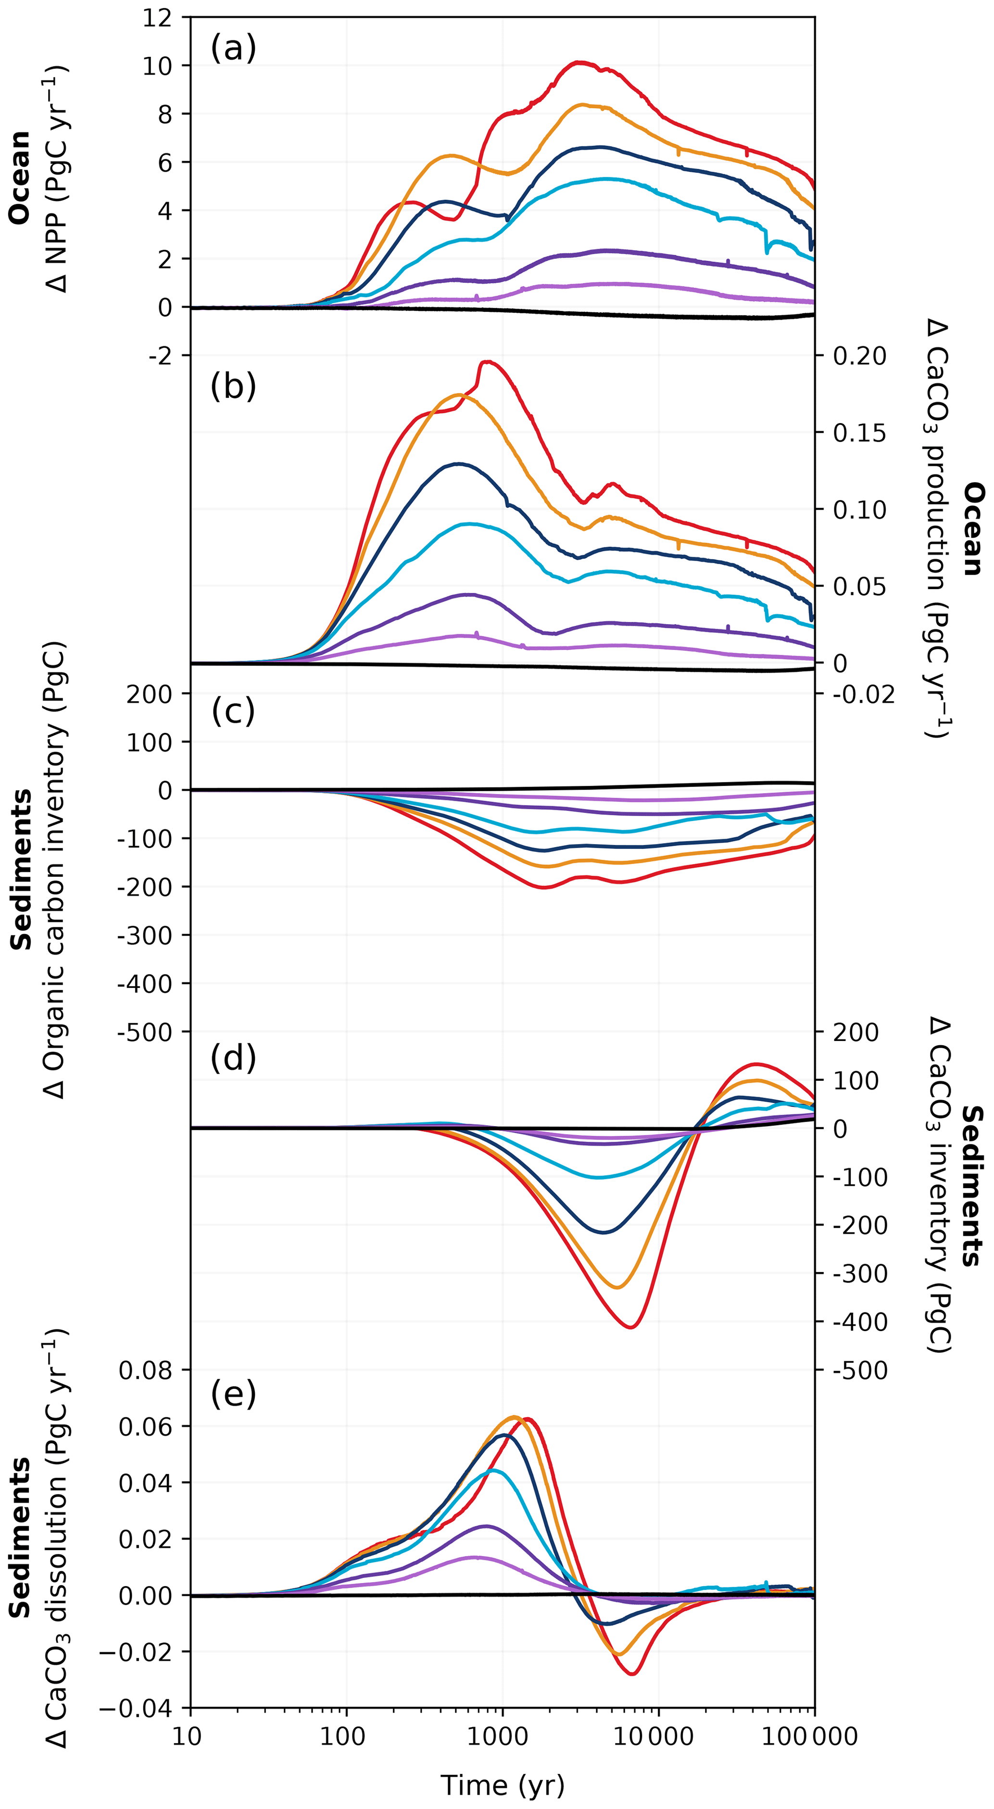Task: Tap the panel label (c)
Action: (x=233, y=711)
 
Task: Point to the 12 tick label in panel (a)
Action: (x=157, y=17)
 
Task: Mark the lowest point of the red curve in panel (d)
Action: (x=630, y=1327)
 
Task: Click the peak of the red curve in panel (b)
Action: (x=487, y=362)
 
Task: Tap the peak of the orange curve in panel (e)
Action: (x=515, y=1416)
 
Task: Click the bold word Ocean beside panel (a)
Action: (x=20, y=177)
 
